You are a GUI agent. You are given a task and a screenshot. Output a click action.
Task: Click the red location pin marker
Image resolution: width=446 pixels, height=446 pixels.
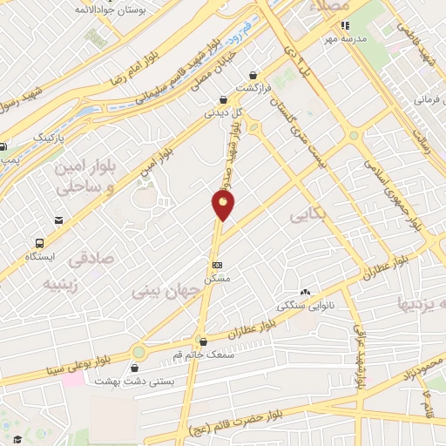click(x=224, y=205)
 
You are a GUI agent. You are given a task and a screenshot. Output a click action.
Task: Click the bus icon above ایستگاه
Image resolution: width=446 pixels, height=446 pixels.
click(x=40, y=243)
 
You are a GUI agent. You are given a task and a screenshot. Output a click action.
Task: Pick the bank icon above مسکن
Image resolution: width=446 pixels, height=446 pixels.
click(x=216, y=265)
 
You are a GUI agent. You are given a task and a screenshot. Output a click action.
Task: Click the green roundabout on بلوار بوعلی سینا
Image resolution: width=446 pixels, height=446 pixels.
click(x=139, y=352)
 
